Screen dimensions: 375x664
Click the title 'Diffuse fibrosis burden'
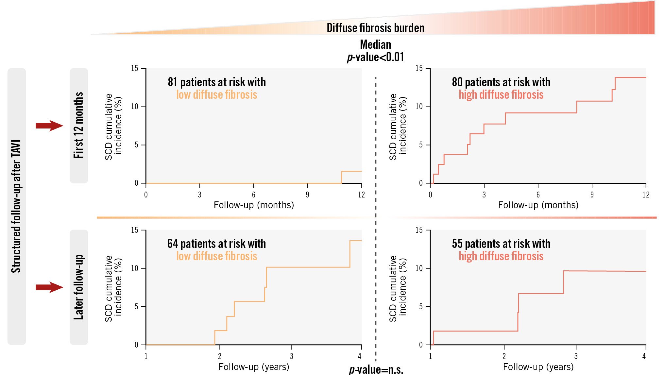pyautogui.click(x=375, y=28)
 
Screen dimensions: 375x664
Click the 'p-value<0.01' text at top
pyautogui.click(x=375, y=57)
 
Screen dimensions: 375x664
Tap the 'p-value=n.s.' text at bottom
pyautogui.click(x=376, y=370)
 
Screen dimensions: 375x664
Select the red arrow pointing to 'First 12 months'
pyautogui.click(x=49, y=126)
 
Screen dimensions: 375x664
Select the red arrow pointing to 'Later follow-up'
pyautogui.click(x=49, y=287)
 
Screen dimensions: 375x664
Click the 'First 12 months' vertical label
pyautogui.click(x=79, y=126)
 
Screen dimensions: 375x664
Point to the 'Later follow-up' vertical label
pyautogui.click(x=79, y=287)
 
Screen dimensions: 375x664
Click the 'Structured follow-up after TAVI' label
pyautogui.click(x=16, y=206)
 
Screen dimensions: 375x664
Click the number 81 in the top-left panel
pyautogui.click(x=172, y=82)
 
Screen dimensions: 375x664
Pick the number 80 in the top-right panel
pyautogui.click(x=457, y=82)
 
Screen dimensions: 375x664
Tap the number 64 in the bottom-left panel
pyautogui.click(x=173, y=244)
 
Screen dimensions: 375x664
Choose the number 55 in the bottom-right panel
pyautogui.click(x=457, y=244)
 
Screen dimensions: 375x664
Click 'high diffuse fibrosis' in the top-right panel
pyautogui.click(x=501, y=95)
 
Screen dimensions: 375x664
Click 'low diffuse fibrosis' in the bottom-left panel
pyautogui.click(x=216, y=256)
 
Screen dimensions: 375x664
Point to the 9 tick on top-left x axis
pyautogui.click(x=307, y=195)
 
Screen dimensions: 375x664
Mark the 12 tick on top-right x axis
pyautogui.click(x=646, y=195)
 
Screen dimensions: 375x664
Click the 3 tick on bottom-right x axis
pyautogui.click(x=576, y=356)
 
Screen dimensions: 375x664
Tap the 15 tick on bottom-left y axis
pyautogui.click(x=135, y=230)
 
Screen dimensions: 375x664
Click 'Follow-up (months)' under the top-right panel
pyautogui.click(x=538, y=205)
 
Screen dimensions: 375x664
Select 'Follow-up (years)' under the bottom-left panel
pyautogui.click(x=254, y=367)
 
